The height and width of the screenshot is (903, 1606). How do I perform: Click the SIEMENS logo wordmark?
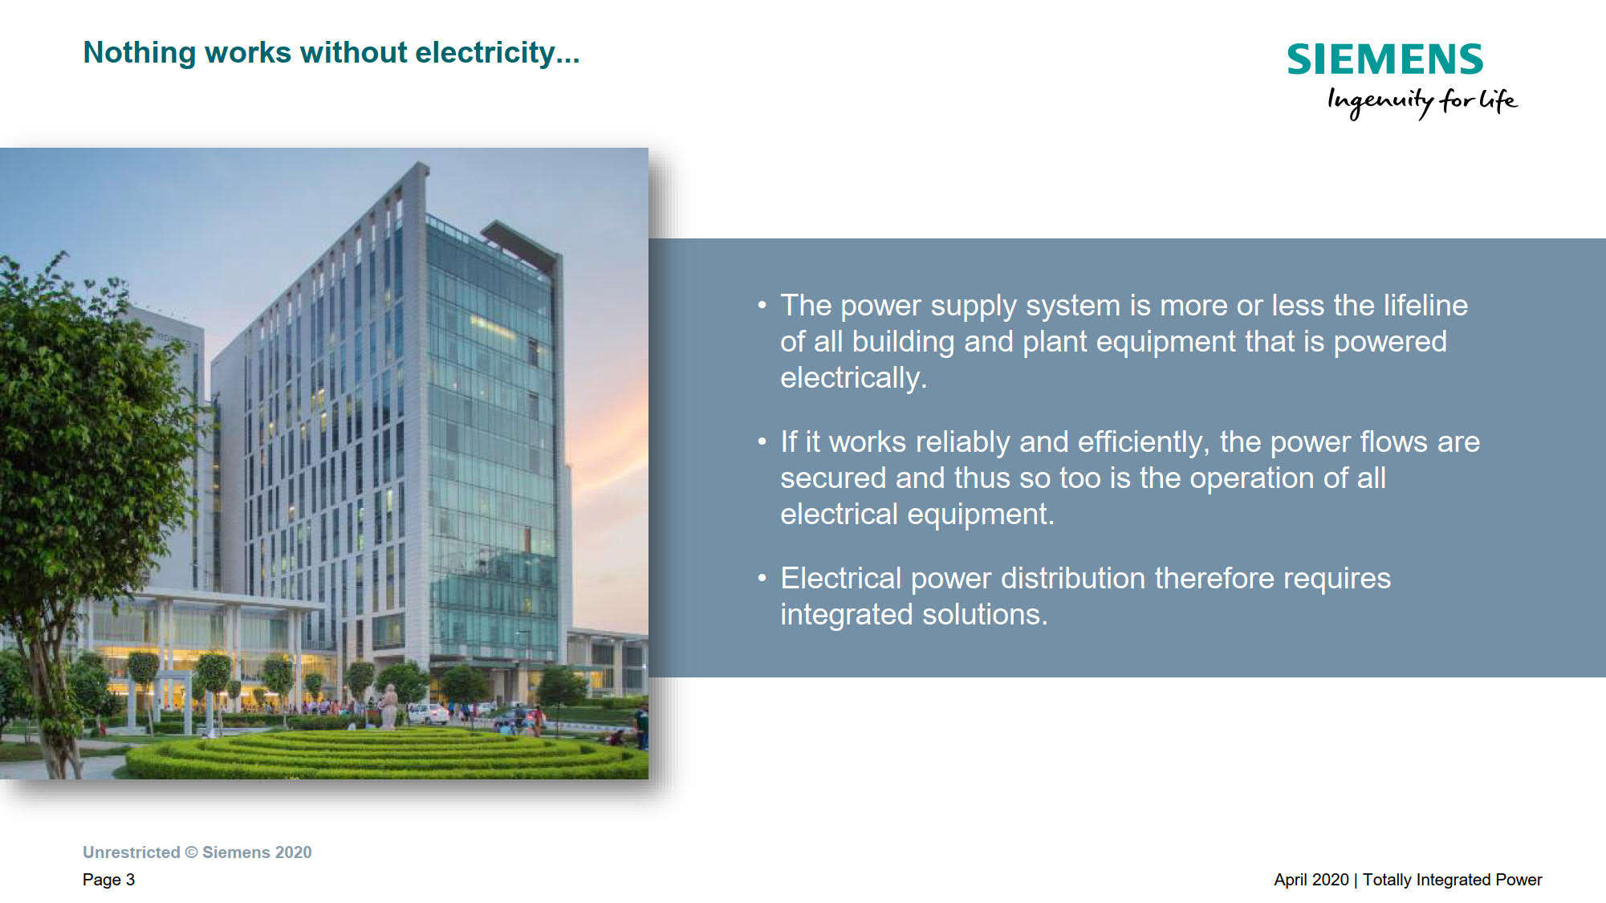tap(1385, 59)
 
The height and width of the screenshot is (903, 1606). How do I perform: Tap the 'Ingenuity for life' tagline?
tap(1422, 102)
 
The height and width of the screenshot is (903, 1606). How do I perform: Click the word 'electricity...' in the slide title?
tap(498, 53)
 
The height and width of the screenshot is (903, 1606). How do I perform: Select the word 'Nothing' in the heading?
tap(140, 54)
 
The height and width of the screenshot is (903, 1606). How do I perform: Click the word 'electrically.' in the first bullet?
tap(853, 377)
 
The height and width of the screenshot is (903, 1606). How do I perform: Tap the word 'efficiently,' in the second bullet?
tap(1144, 442)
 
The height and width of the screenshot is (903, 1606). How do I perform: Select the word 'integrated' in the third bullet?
tap(847, 615)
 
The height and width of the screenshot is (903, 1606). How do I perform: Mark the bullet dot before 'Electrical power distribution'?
tap(762, 578)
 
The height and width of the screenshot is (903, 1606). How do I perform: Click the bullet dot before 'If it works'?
tap(762, 441)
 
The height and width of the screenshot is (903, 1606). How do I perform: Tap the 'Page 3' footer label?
tap(108, 880)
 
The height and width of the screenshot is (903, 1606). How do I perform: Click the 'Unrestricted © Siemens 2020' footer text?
tap(197, 852)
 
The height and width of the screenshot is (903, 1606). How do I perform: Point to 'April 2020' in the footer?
tap(1311, 880)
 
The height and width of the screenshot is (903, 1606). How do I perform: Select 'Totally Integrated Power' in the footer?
tap(1453, 880)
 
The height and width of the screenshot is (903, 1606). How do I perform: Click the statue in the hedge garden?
tap(388, 706)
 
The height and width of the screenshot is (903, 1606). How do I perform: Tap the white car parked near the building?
tap(429, 714)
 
